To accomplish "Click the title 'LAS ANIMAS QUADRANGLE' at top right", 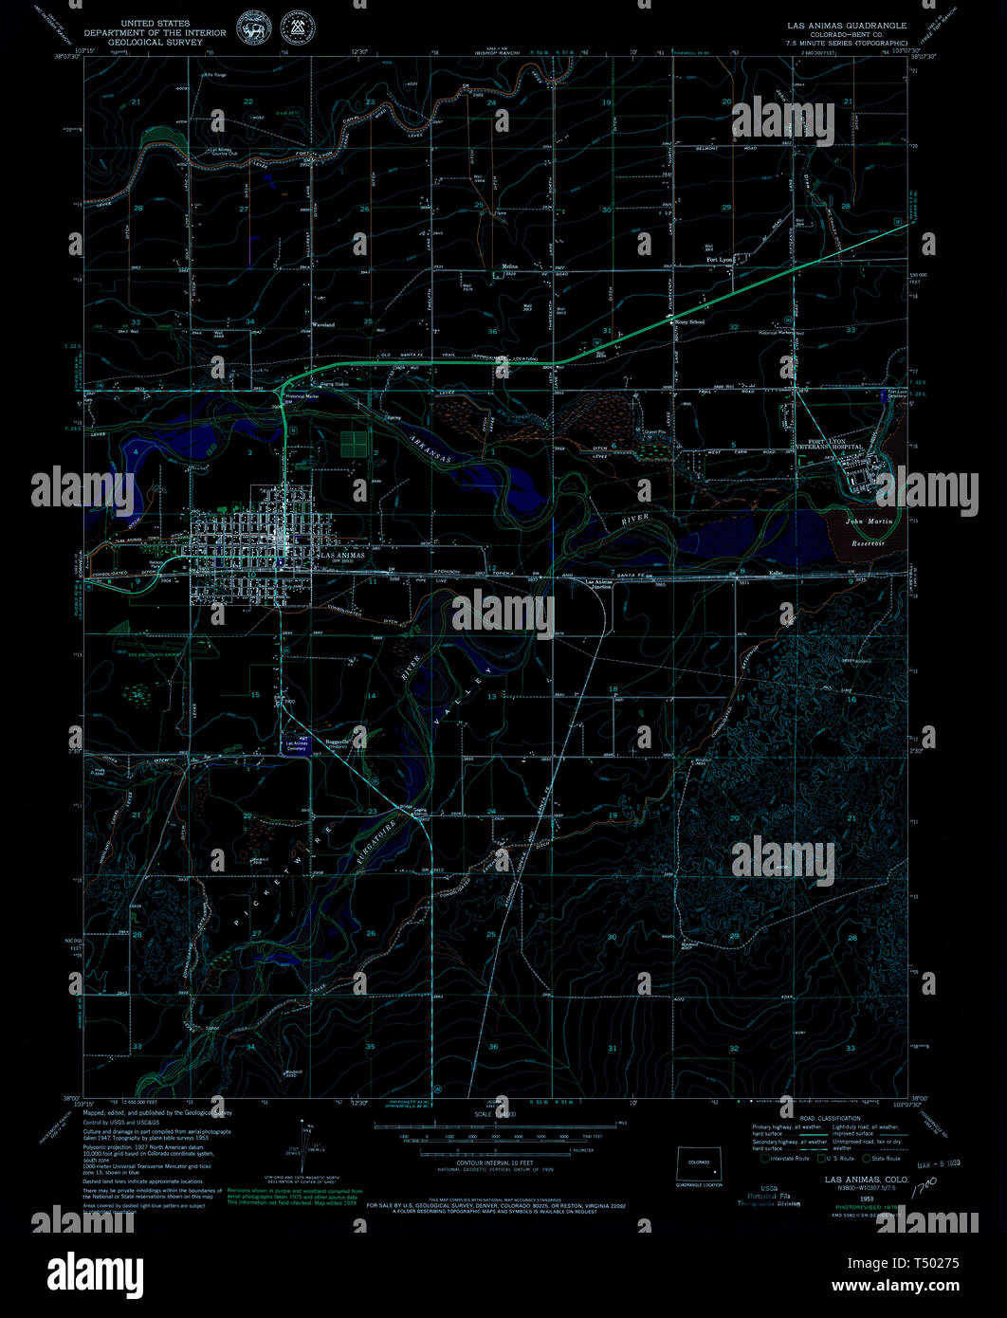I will coord(844,26).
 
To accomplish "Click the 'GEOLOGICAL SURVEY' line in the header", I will coord(156,43).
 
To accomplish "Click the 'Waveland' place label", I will coord(323,324).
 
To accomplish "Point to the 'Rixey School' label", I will coord(689,322).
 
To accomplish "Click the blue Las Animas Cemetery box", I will coord(296,747).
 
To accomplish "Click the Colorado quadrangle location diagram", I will coord(699,1164).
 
